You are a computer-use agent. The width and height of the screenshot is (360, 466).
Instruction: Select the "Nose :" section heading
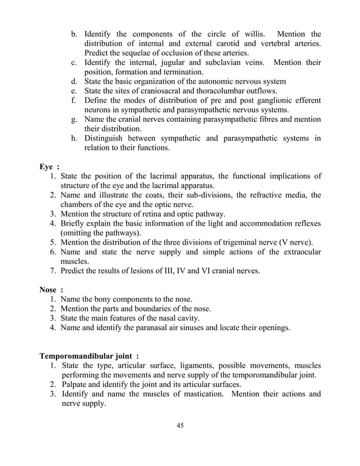[51, 290]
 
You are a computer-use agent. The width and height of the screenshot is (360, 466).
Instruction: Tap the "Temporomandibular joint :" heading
[89, 357]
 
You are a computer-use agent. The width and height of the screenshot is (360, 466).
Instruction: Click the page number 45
[180, 425]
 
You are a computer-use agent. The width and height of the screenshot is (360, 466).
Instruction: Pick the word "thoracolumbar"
[234, 91]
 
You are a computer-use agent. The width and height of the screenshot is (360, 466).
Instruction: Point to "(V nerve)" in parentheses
[297, 243]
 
